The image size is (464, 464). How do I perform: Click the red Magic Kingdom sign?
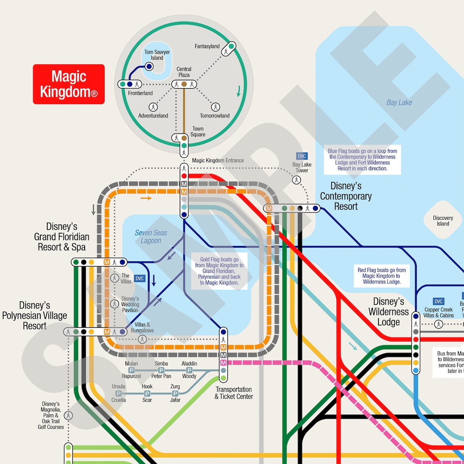click(x=69, y=84)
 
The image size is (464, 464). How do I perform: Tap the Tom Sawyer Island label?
click(x=157, y=55)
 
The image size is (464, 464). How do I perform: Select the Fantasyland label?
click(x=207, y=46)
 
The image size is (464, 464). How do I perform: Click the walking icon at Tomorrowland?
click(x=215, y=107)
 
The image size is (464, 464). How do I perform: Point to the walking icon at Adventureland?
click(x=153, y=107)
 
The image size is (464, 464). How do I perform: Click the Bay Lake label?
click(x=399, y=103)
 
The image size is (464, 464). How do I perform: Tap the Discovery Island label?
click(x=443, y=221)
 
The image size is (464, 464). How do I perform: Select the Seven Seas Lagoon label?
click(x=151, y=236)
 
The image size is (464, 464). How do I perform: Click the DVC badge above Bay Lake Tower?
click(x=302, y=156)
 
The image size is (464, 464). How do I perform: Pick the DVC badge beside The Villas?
click(x=140, y=278)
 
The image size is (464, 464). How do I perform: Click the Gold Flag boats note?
click(x=219, y=271)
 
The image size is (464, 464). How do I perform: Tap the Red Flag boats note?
click(x=381, y=276)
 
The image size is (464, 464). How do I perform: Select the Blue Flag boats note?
click(x=362, y=160)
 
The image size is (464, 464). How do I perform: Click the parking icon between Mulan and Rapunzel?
click(x=131, y=370)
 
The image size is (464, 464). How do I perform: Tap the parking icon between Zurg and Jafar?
click(x=175, y=394)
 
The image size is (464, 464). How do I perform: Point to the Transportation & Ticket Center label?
click(x=234, y=393)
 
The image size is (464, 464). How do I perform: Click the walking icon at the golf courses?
click(x=68, y=416)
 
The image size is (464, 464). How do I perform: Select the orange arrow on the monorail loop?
click(x=146, y=198)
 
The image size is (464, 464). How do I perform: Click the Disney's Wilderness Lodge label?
click(x=388, y=312)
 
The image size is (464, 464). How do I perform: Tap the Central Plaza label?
click(x=184, y=72)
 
